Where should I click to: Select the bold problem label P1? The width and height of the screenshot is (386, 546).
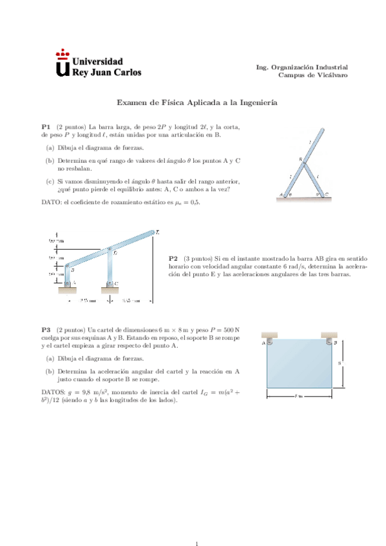coord(46,127)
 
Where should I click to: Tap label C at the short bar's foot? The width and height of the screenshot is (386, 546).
coord(327,193)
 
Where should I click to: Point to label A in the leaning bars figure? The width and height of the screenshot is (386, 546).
coord(281,194)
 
